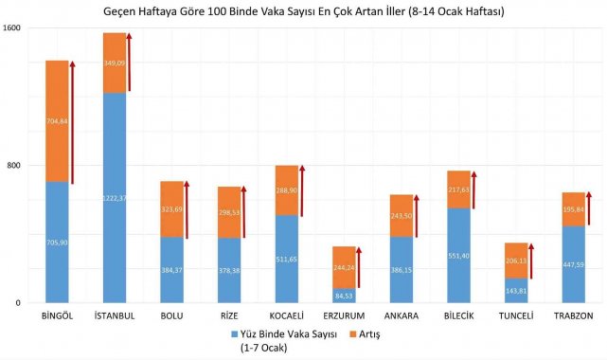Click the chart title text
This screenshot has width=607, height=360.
click(303, 11)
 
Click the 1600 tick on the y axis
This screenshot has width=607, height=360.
click(13, 28)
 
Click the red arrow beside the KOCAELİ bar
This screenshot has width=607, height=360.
click(302, 189)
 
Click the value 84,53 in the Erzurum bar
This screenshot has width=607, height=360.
click(344, 296)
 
